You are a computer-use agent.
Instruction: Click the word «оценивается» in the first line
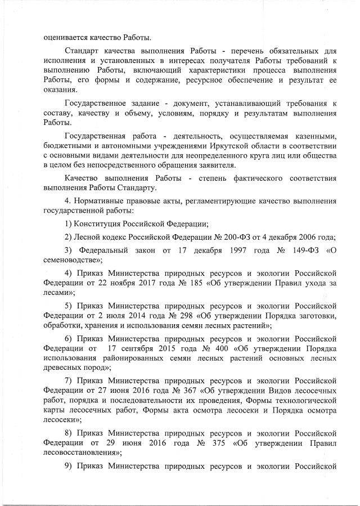[66, 38]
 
